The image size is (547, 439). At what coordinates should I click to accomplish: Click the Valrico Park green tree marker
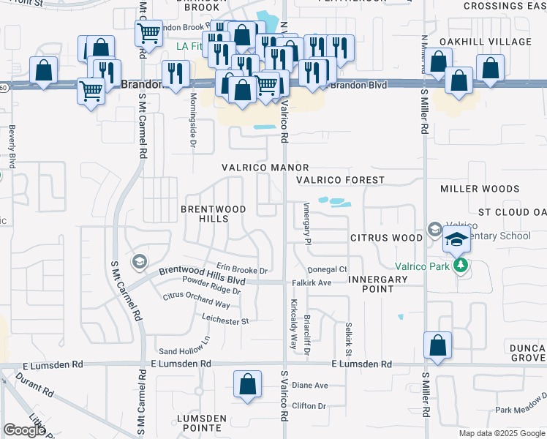[x=461, y=265]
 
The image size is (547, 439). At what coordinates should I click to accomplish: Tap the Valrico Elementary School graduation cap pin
[x=456, y=239]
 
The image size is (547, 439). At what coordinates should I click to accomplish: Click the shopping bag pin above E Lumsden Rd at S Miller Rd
[x=437, y=345]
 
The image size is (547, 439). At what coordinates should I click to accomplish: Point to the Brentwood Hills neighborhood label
[x=214, y=214]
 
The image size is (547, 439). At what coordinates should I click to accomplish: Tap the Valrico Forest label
[x=340, y=180]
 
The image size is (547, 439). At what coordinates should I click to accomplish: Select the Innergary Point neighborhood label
[x=377, y=285]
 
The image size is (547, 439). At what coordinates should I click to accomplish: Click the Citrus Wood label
[x=386, y=238]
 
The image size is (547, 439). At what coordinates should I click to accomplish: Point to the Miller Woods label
[x=480, y=189]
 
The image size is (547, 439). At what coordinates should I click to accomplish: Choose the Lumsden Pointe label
[x=199, y=421]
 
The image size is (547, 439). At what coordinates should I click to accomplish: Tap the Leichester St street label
[x=225, y=320]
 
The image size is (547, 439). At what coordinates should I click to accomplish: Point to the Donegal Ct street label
[x=327, y=270]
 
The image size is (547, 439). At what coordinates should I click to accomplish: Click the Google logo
[x=24, y=430]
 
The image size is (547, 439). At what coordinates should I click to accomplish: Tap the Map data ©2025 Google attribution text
[x=501, y=433]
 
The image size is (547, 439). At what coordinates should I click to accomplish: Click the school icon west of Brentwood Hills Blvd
[x=139, y=261]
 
